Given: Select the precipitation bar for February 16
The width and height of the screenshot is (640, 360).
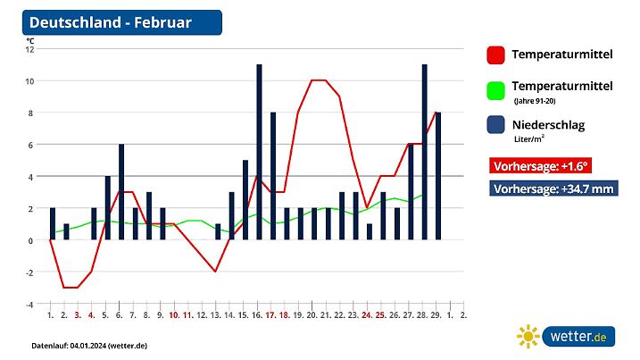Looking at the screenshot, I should tap(259, 152).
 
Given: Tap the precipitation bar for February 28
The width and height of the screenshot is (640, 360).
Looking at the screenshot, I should tap(424, 152).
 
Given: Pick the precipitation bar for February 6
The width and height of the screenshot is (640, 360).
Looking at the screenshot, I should tap(121, 192).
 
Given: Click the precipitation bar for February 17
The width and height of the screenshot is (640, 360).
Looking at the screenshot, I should tap(273, 176).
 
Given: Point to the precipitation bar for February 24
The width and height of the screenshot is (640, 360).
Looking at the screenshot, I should tap(370, 231).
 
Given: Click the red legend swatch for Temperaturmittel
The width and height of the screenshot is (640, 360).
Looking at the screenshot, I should tap(496, 54).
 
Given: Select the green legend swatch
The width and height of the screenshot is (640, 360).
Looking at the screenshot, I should tap(496, 90).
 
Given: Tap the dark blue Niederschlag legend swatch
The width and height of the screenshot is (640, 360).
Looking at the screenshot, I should tap(496, 126).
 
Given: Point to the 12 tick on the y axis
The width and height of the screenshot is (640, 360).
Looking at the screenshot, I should tap(29, 49).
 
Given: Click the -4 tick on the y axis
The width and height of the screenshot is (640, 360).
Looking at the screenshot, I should tap(29, 304).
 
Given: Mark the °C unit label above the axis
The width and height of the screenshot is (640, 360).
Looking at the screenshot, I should tap(30, 40).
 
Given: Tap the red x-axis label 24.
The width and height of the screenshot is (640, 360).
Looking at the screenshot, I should tap(367, 315).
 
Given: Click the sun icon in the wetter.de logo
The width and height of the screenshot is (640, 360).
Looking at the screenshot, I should tap(528, 337).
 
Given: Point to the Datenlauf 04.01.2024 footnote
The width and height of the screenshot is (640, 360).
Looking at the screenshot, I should tap(89, 345).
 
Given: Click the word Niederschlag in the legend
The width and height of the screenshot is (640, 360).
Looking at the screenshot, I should tap(548, 125).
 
